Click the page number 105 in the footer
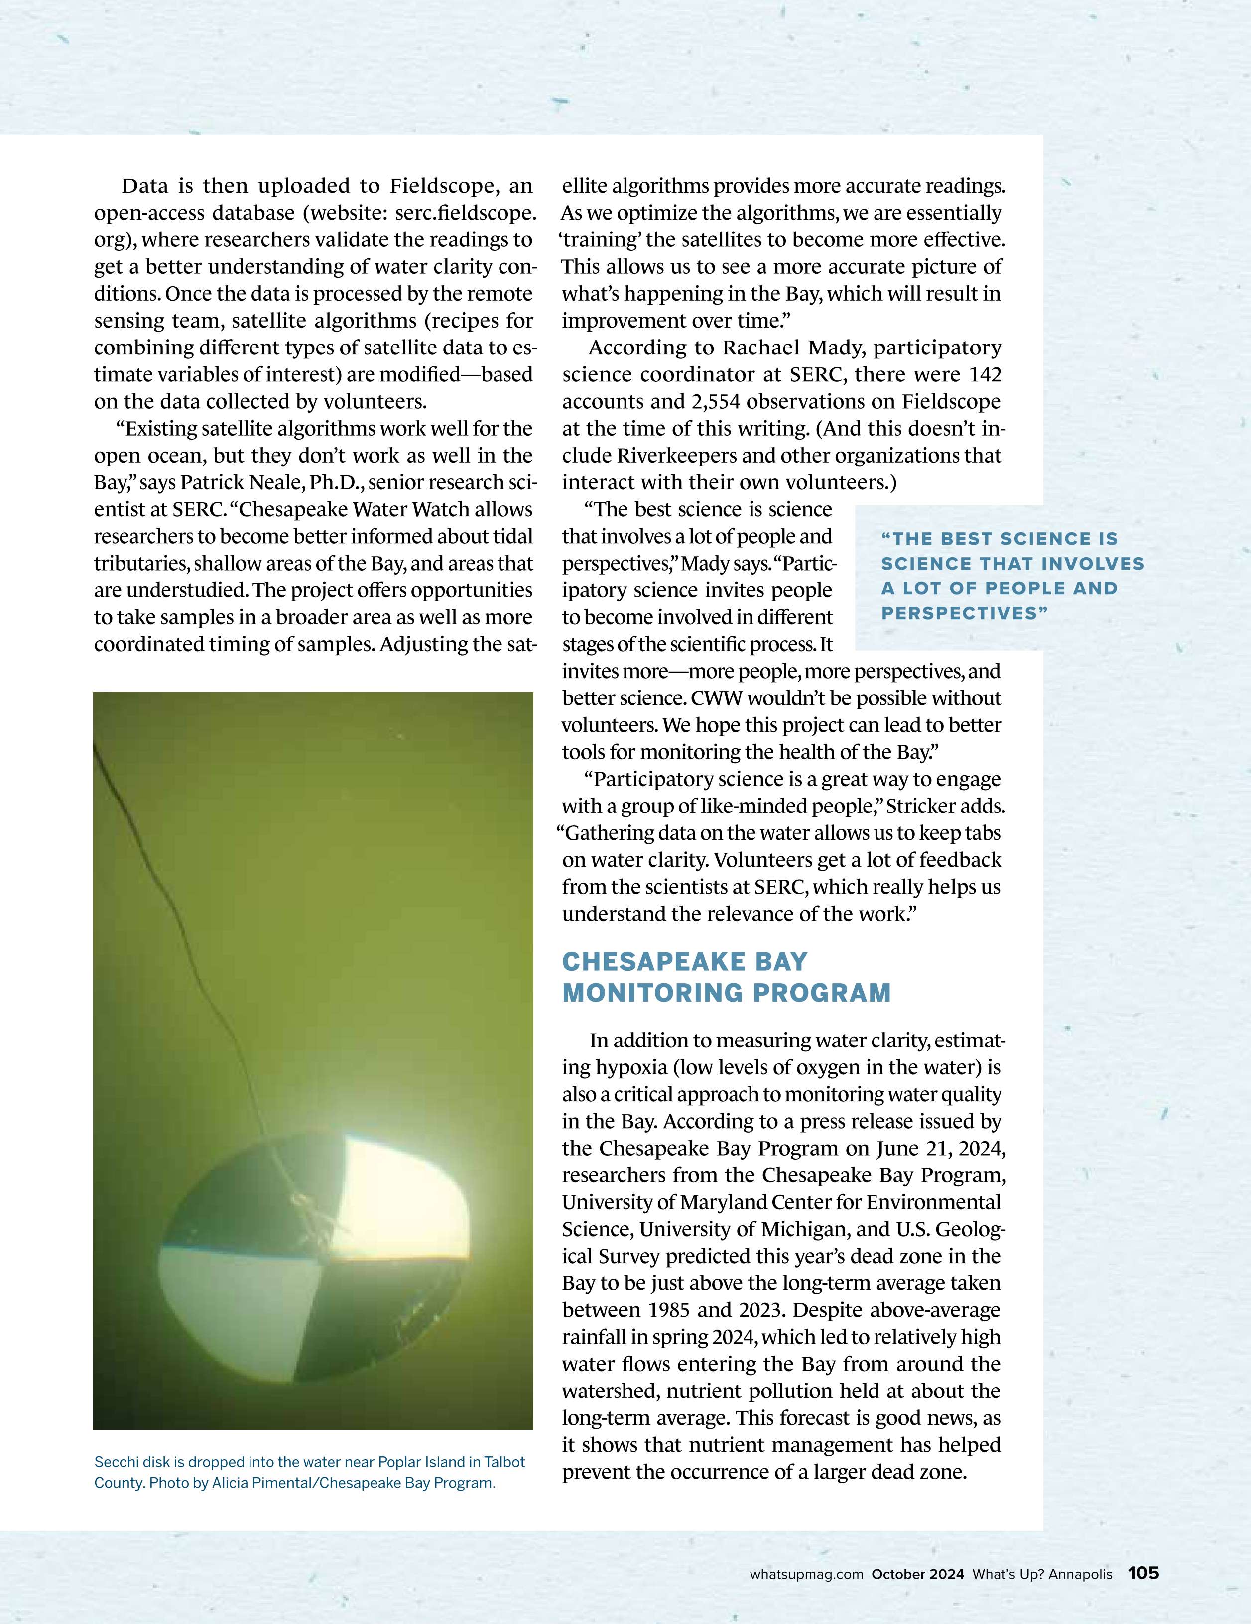click(1143, 1573)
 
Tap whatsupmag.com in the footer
click(806, 1574)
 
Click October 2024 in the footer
click(918, 1574)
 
